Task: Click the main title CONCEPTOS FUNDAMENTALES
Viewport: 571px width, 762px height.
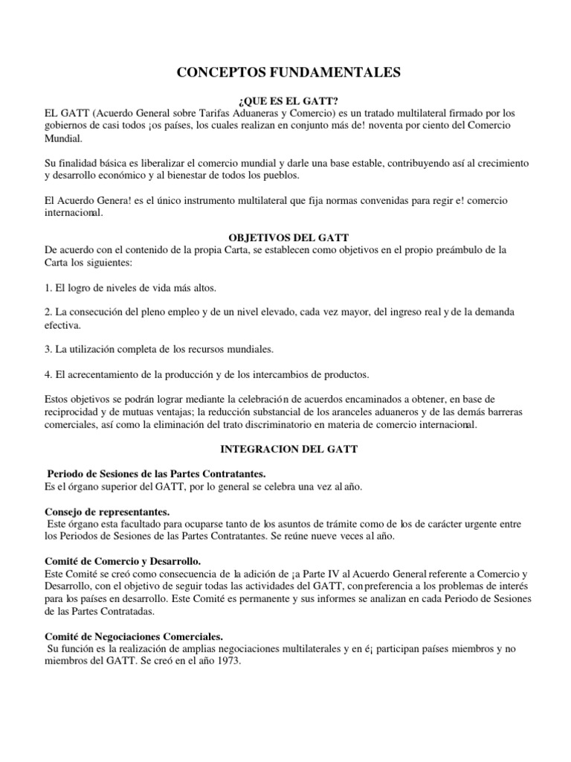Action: tap(288, 72)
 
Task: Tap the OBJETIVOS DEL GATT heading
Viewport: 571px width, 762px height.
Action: tap(288, 237)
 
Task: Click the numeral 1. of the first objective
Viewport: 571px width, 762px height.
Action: tap(49, 287)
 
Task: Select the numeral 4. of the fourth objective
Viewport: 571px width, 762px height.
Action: tap(49, 374)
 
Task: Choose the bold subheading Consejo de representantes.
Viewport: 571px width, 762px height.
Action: tap(107, 512)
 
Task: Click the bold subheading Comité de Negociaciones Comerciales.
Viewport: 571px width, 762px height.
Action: tap(134, 636)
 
